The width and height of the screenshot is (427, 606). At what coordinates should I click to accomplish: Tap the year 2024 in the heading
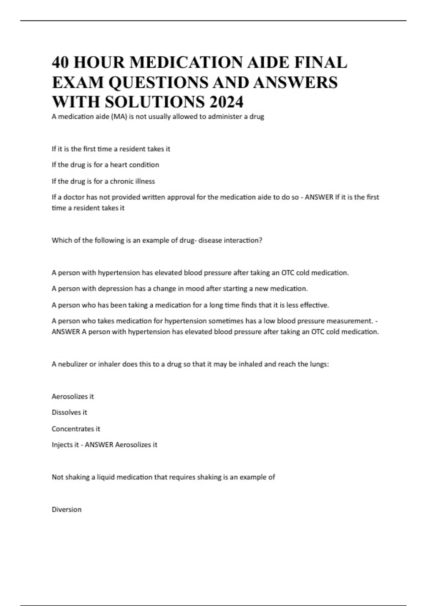226,102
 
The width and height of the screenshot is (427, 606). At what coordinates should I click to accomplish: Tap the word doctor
74,197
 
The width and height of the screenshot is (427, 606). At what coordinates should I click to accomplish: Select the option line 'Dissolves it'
69,412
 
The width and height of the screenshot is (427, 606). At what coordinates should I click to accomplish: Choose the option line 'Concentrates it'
76,428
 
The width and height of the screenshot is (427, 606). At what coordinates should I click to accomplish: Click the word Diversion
67,509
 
